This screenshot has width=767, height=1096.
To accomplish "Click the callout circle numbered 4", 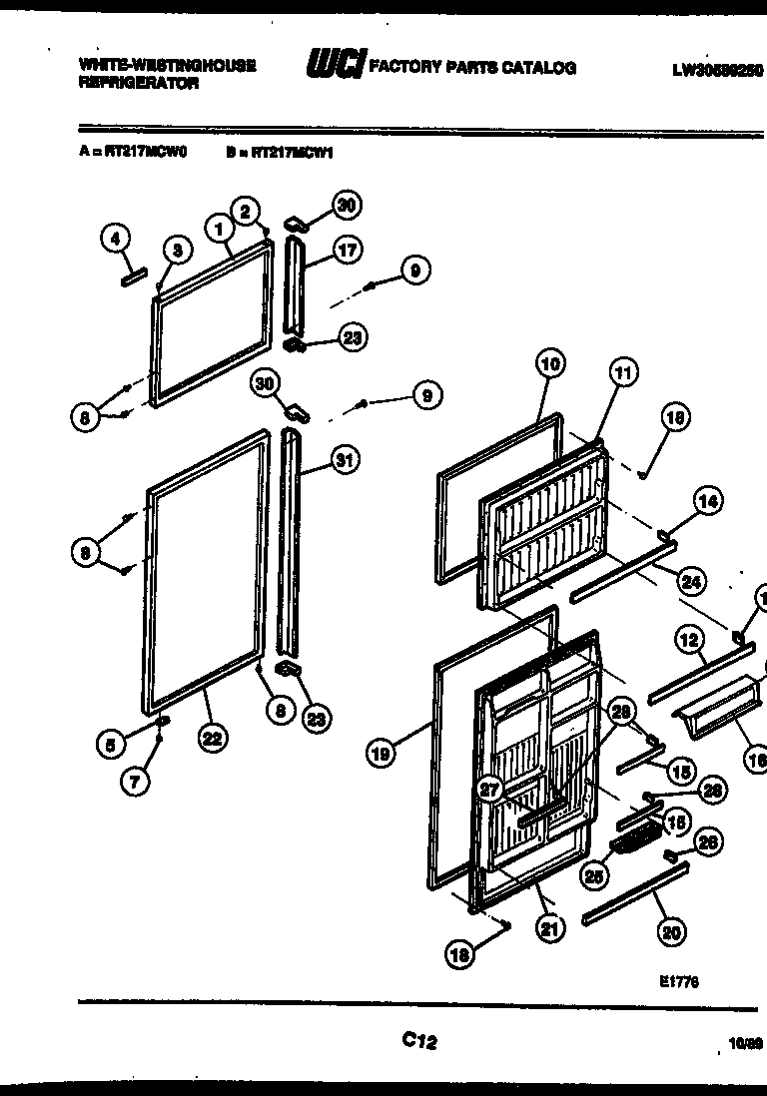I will pos(116,239).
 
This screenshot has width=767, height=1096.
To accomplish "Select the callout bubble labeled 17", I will pos(347,252).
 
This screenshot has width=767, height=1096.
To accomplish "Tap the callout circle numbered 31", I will pos(346,460).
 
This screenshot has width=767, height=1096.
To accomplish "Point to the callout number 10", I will pos(549,363).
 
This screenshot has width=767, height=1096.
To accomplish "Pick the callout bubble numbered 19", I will pos(381,755).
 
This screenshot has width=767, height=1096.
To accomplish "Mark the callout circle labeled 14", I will pos(708,503).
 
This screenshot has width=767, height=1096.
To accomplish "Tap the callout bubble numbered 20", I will pos(671,932).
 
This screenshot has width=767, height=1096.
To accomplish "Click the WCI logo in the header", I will pos(336,66).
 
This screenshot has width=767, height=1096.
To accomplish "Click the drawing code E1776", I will pos(678,981).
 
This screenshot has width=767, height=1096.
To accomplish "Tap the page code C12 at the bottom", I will pos(419,1040).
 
